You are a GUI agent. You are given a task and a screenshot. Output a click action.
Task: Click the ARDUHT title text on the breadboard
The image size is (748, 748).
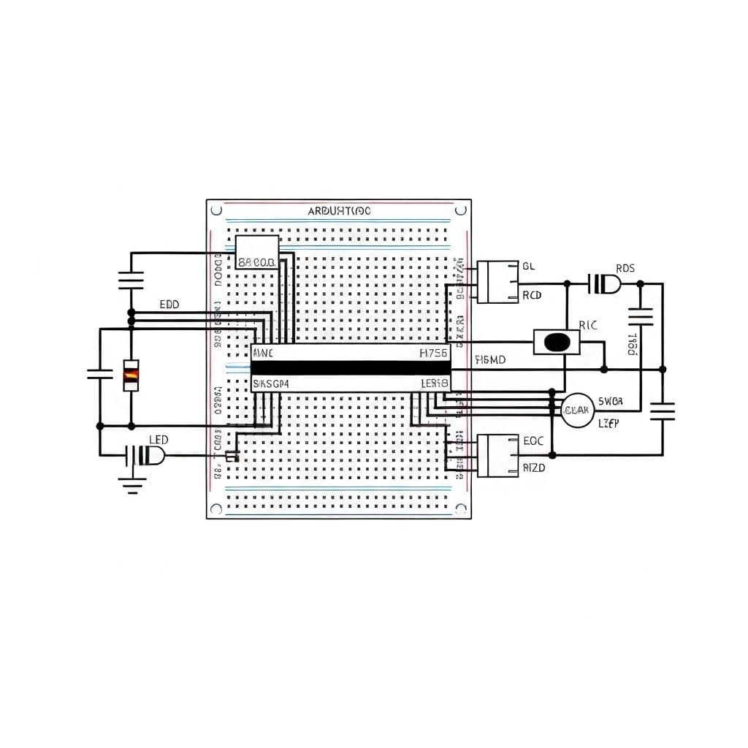tap(339, 211)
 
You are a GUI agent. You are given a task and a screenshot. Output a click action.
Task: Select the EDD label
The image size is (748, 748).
tap(169, 304)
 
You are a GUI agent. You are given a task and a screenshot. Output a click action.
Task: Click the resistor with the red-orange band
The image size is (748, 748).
tap(131, 375)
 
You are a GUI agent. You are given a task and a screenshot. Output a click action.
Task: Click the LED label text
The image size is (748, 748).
tap(159, 440)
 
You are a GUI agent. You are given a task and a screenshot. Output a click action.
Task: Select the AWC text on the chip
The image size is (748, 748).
tap(262, 354)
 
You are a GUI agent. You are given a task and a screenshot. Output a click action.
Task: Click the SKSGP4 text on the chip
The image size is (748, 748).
tap(270, 383)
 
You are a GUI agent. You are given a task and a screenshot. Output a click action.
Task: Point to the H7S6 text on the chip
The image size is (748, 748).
tap(434, 354)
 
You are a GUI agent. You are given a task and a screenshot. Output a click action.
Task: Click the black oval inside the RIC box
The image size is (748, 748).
tap(557, 342)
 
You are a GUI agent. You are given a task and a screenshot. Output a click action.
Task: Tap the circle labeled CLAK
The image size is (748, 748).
tap(577, 411)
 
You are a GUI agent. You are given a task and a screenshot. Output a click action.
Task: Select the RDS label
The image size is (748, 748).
tap(625, 268)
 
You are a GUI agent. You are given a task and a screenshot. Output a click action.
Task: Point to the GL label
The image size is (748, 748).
tap(528, 267)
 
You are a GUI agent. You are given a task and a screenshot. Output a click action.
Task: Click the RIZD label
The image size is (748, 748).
tap(534, 467)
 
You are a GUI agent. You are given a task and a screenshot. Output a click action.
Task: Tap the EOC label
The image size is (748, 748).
tap(534, 441)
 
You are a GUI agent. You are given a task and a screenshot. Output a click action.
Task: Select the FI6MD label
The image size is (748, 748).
tap(491, 359)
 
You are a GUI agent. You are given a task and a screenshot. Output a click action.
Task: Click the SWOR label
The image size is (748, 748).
tap(610, 401)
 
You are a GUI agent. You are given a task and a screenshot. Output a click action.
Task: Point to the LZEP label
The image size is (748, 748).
tap(608, 423)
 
